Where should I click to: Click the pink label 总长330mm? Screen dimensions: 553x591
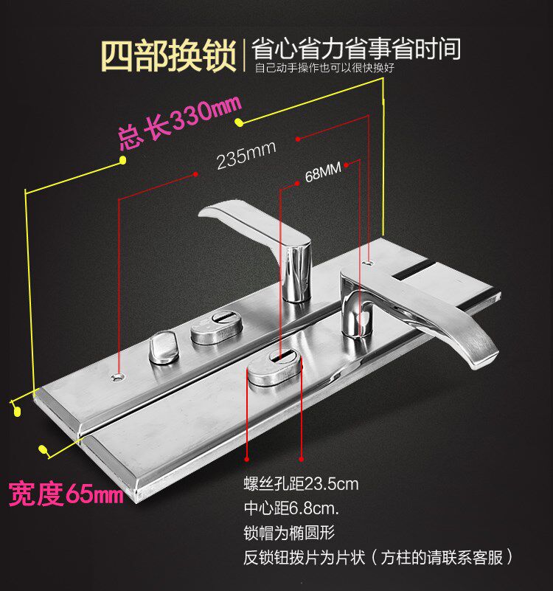click(x=175, y=126)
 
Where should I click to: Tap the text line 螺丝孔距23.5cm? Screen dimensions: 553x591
click(x=301, y=484)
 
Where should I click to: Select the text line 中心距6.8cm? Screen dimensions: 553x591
click(x=292, y=508)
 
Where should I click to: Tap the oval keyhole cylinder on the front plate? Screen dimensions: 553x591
click(x=274, y=366)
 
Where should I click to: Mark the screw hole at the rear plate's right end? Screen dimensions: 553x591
click(x=368, y=261)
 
